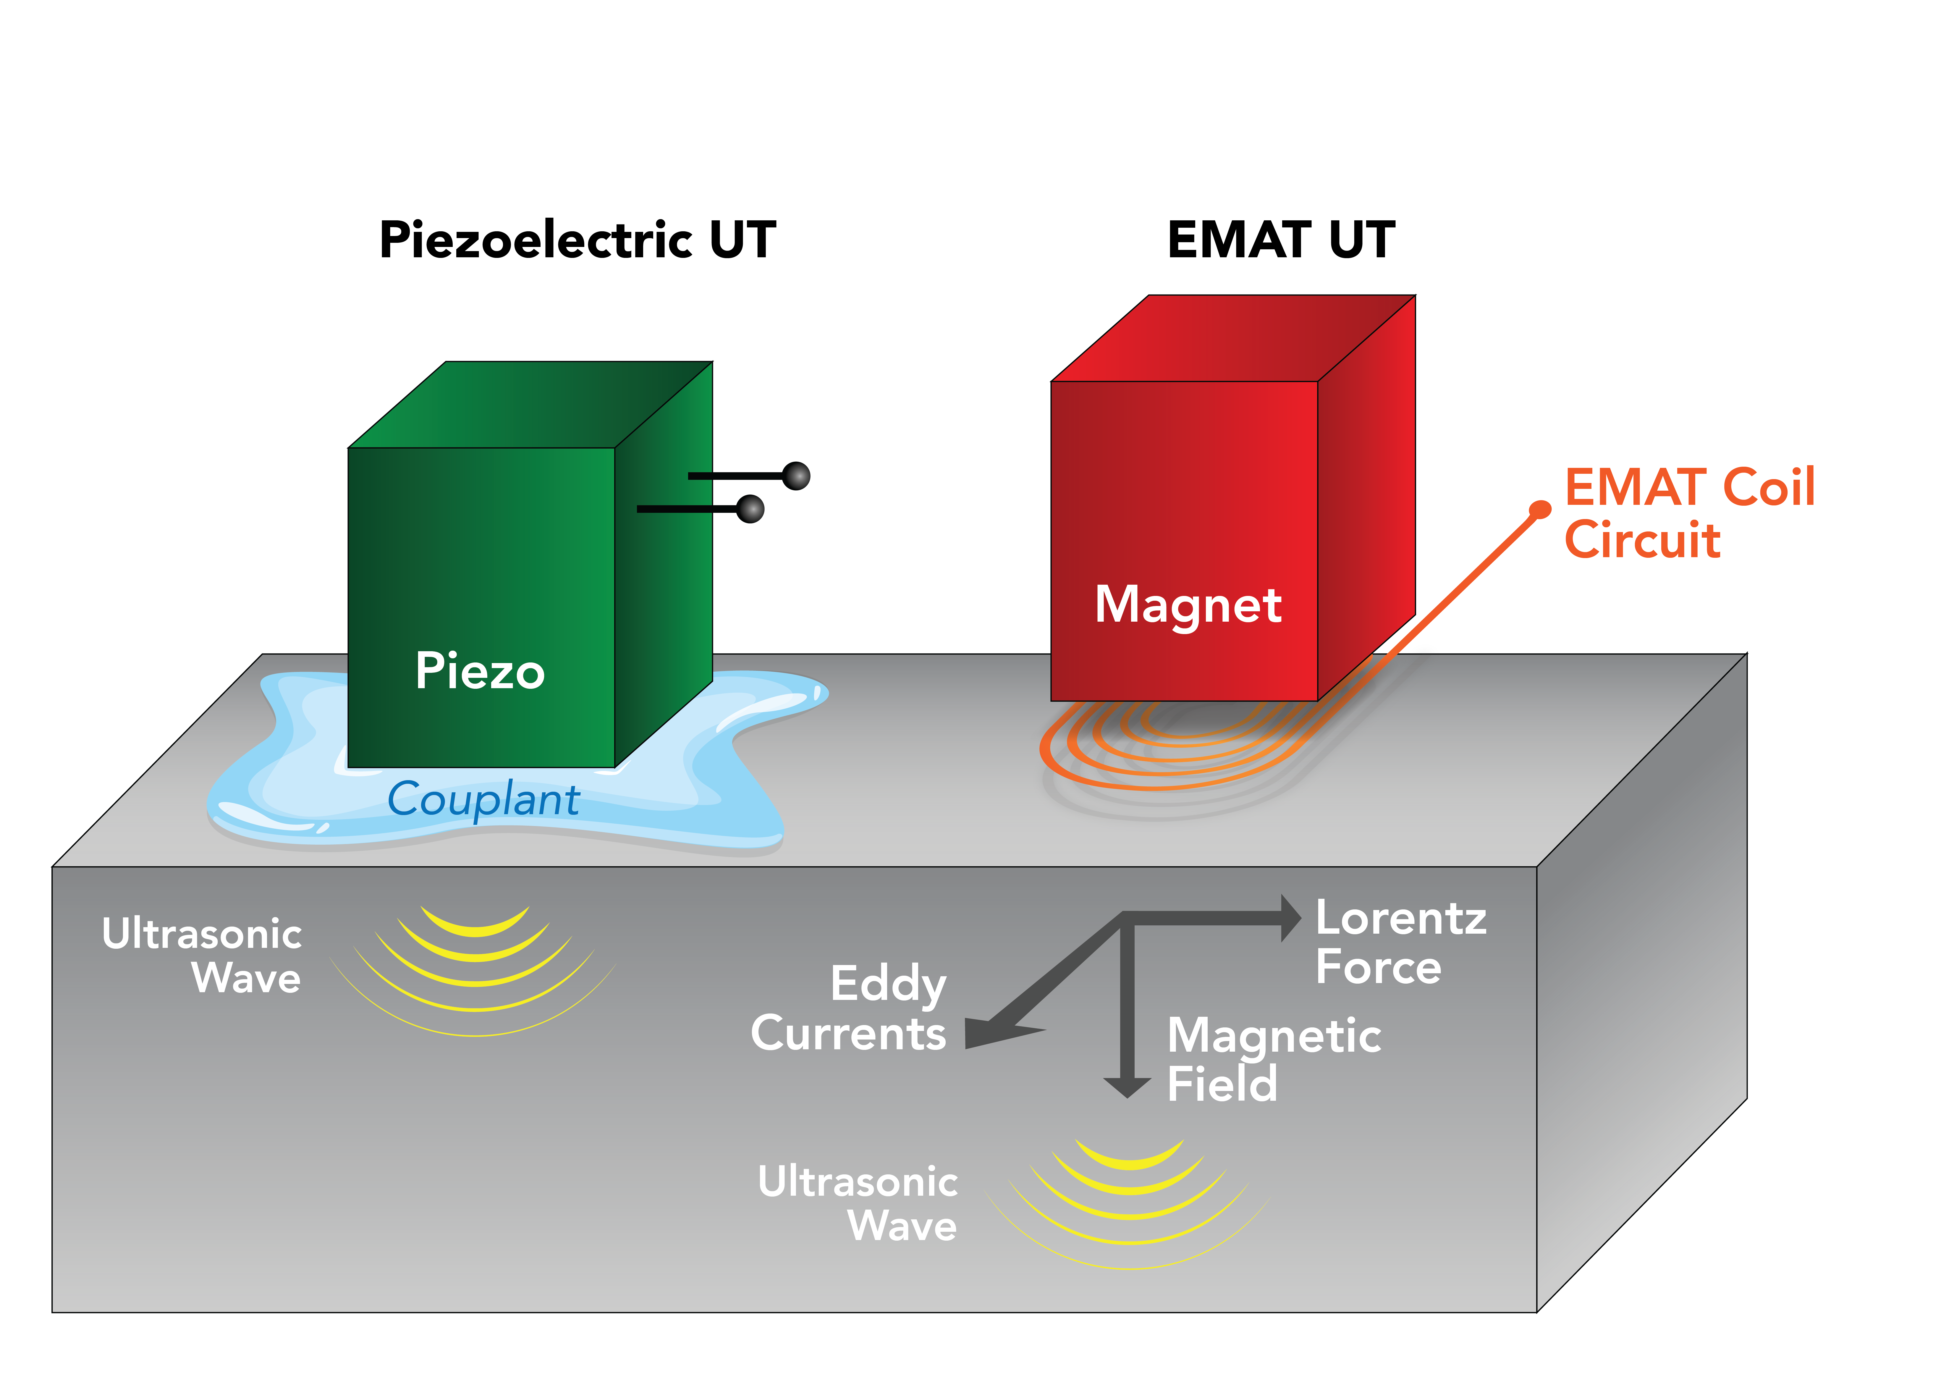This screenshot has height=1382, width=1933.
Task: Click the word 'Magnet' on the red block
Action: click(x=1188, y=605)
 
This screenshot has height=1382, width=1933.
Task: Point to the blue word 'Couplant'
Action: click(x=483, y=800)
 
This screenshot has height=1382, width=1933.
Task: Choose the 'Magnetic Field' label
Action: click(x=1273, y=1059)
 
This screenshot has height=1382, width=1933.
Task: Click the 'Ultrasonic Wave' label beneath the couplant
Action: click(x=203, y=955)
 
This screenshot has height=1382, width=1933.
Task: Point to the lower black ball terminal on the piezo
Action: click(x=750, y=509)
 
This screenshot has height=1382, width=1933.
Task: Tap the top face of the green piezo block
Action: click(x=530, y=404)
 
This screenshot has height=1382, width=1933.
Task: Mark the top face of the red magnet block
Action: click(x=1234, y=338)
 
